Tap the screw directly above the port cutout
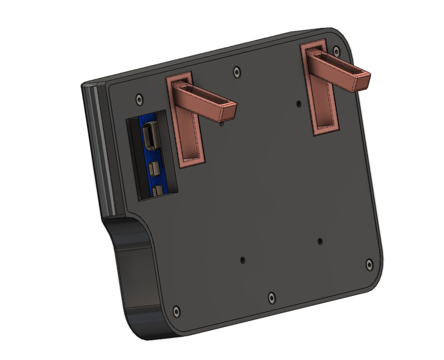[139, 98]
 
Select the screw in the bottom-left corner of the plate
[177, 310]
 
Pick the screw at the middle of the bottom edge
[271, 296]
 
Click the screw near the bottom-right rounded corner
[369, 263]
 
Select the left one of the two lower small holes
[242, 260]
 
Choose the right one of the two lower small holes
[320, 240]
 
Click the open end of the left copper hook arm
[226, 111]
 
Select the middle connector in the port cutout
[155, 168]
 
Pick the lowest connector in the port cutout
[159, 191]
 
